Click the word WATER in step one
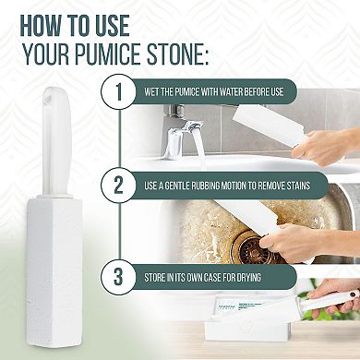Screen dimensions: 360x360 click(x=247, y=92)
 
